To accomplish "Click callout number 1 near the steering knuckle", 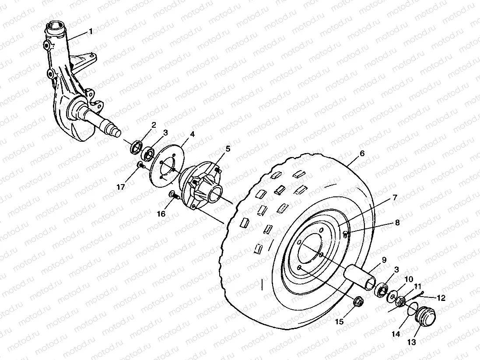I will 91,31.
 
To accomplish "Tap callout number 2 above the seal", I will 154,125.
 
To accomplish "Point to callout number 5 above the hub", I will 228,149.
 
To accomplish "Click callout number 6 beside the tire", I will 362,153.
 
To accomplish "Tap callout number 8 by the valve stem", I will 397,222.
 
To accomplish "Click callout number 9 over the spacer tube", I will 384,260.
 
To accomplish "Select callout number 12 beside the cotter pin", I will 441,298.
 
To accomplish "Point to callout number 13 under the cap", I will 411,343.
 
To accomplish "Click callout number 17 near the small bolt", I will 121,187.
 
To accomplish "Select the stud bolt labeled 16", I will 174,196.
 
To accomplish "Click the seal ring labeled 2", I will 137,147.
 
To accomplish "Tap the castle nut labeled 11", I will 400,301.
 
